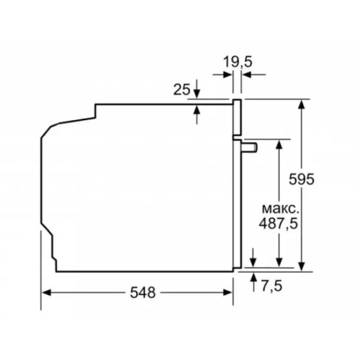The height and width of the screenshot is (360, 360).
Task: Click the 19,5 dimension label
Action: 237,61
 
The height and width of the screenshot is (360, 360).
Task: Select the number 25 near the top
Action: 182,89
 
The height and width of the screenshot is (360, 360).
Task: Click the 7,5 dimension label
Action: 272,286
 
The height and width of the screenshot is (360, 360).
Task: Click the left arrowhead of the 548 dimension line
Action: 47,292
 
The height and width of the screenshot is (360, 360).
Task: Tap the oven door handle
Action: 249,146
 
